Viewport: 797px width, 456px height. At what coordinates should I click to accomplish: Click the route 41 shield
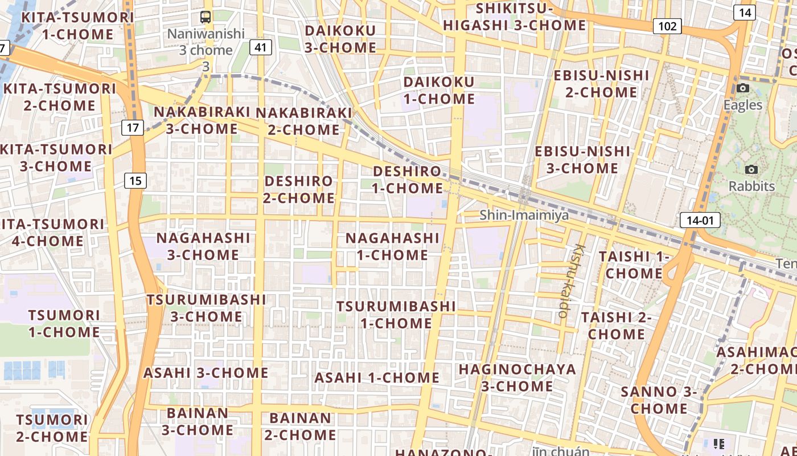[x=260, y=47]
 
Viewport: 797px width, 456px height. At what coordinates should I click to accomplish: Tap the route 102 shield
[x=667, y=26]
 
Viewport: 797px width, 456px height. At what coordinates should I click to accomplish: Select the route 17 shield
[x=132, y=128]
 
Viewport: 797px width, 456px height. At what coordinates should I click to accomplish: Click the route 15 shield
[x=135, y=181]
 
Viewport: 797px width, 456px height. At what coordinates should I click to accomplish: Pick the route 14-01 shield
[x=700, y=220]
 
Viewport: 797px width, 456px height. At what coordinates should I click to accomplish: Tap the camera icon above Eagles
[x=742, y=88]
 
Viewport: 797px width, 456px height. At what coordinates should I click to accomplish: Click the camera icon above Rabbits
[x=751, y=169]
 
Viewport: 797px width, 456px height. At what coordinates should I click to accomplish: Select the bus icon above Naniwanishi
[x=206, y=17]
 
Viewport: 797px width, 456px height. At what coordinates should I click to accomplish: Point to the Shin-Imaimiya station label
[x=524, y=215]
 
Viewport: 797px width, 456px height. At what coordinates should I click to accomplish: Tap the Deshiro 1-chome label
[x=407, y=180]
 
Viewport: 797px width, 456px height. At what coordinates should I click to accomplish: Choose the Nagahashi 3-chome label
[x=203, y=246]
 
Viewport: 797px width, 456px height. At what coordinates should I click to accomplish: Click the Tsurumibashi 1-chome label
[x=396, y=315]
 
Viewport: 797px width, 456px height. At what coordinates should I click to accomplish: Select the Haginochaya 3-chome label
[x=517, y=377]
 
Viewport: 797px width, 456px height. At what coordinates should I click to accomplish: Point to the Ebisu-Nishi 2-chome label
[x=601, y=84]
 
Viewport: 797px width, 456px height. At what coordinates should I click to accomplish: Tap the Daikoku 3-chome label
[x=340, y=39]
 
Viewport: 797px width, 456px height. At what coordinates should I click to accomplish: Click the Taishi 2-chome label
[x=616, y=325]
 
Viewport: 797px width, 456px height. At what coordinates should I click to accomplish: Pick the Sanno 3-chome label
[x=659, y=400]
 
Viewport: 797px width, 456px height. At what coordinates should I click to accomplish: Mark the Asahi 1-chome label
[x=376, y=378]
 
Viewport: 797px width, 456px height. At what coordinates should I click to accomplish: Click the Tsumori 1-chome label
[x=64, y=323]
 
